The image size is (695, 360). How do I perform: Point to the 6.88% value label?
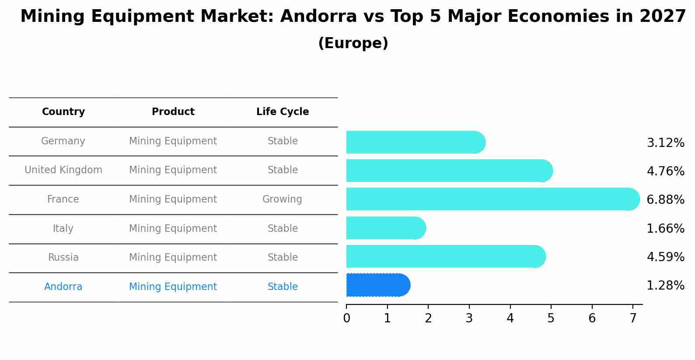(x=665, y=200)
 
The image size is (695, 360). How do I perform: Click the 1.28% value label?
(x=665, y=286)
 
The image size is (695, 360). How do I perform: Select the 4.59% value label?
(x=665, y=257)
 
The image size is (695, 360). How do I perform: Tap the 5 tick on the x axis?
(x=551, y=318)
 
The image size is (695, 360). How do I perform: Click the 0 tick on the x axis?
(x=346, y=318)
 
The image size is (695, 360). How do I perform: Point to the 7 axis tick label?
(x=633, y=318)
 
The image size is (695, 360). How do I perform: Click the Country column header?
(x=63, y=112)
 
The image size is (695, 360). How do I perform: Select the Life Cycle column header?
(x=283, y=112)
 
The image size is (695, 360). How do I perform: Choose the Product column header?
(x=173, y=112)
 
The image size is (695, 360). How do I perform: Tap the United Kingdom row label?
(x=63, y=170)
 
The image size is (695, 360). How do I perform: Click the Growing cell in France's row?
(x=282, y=199)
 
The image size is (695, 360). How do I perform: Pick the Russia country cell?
(x=63, y=258)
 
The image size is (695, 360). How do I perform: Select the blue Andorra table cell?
(x=63, y=287)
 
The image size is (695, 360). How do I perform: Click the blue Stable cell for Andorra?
(x=283, y=287)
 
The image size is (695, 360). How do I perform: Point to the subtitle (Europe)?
(x=353, y=43)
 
